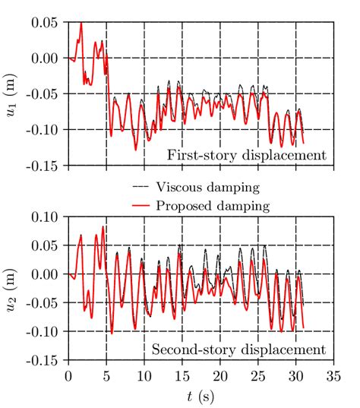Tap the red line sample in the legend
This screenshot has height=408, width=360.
[x=140, y=204]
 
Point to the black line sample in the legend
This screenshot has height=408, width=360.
[x=140, y=186]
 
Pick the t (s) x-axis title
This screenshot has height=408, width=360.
[x=200, y=396]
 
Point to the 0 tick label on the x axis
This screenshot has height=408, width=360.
[x=69, y=375]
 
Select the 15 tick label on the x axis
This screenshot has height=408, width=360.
[x=182, y=375]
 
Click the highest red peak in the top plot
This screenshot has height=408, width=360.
[x=81, y=23]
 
